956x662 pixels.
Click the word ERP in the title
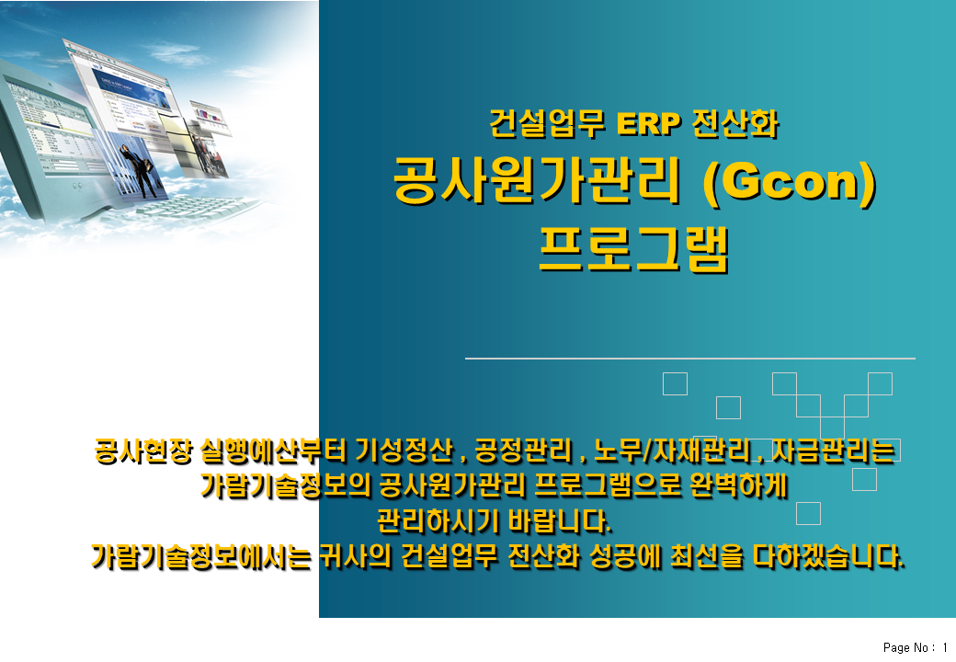648,124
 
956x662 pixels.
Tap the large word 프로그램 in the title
634,248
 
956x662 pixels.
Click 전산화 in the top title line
735,124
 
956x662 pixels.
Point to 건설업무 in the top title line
547,124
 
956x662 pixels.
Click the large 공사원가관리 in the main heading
537,180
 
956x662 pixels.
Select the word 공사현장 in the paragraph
144,451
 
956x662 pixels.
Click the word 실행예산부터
274,451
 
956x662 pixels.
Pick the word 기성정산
404,451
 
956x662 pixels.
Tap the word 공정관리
523,451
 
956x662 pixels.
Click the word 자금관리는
834,451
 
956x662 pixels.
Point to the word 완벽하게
739,485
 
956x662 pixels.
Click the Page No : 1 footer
916,647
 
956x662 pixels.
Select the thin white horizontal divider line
690,359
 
